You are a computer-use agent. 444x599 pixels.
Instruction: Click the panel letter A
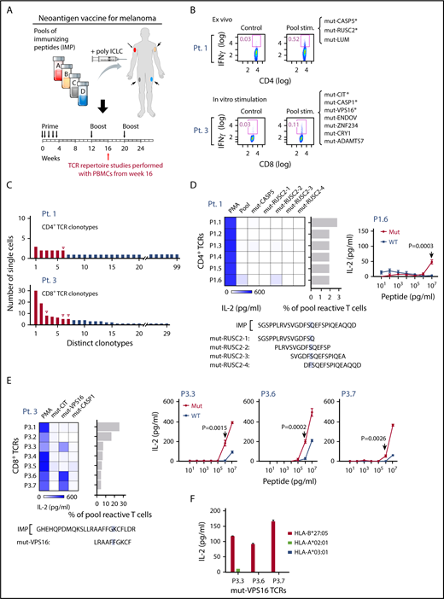(x=7, y=8)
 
